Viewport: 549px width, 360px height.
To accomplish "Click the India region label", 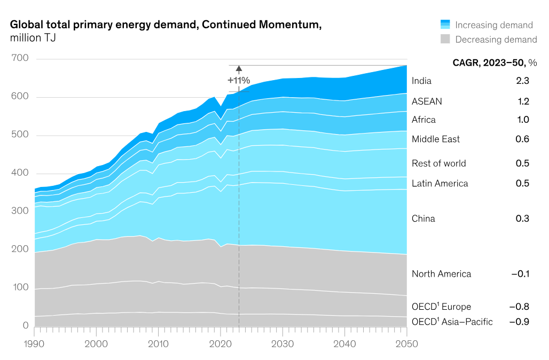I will pos(421,81).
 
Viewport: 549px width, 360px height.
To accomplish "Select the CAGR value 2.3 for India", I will pos(522,81).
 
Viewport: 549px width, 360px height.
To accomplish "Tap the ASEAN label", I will pos(427,101).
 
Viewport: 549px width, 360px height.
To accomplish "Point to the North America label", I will pos(441,274).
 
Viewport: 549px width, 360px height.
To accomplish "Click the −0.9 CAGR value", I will pos(519,322).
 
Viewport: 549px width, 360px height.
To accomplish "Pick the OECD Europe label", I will pos(441,307).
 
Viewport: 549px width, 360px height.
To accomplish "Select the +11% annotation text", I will pos(239,81).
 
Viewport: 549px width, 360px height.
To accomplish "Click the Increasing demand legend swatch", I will pos(445,25).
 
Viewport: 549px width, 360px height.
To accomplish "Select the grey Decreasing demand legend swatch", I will pos(445,39).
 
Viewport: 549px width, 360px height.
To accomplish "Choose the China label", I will pos(423,218).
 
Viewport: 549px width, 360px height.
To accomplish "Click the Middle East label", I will pos(435,139).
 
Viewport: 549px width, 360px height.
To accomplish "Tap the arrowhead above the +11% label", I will pos(239,68).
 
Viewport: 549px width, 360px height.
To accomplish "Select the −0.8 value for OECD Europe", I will pos(519,307).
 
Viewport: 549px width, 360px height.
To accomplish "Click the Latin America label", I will pos(440,184).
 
